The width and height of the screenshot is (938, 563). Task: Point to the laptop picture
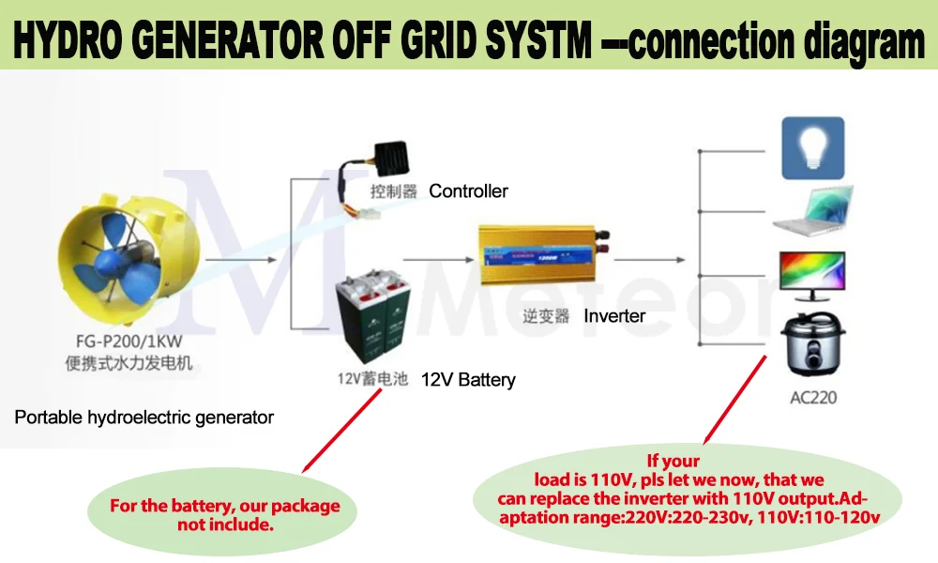[x=812, y=212]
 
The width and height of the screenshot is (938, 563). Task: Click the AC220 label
[x=812, y=397]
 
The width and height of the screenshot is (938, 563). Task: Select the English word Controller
[x=468, y=191]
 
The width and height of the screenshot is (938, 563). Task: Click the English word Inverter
[x=614, y=315]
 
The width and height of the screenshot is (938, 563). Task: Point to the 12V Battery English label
[x=468, y=380]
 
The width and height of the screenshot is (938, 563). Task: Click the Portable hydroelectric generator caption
[x=144, y=417]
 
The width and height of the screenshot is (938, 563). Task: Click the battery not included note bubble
[x=224, y=514]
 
